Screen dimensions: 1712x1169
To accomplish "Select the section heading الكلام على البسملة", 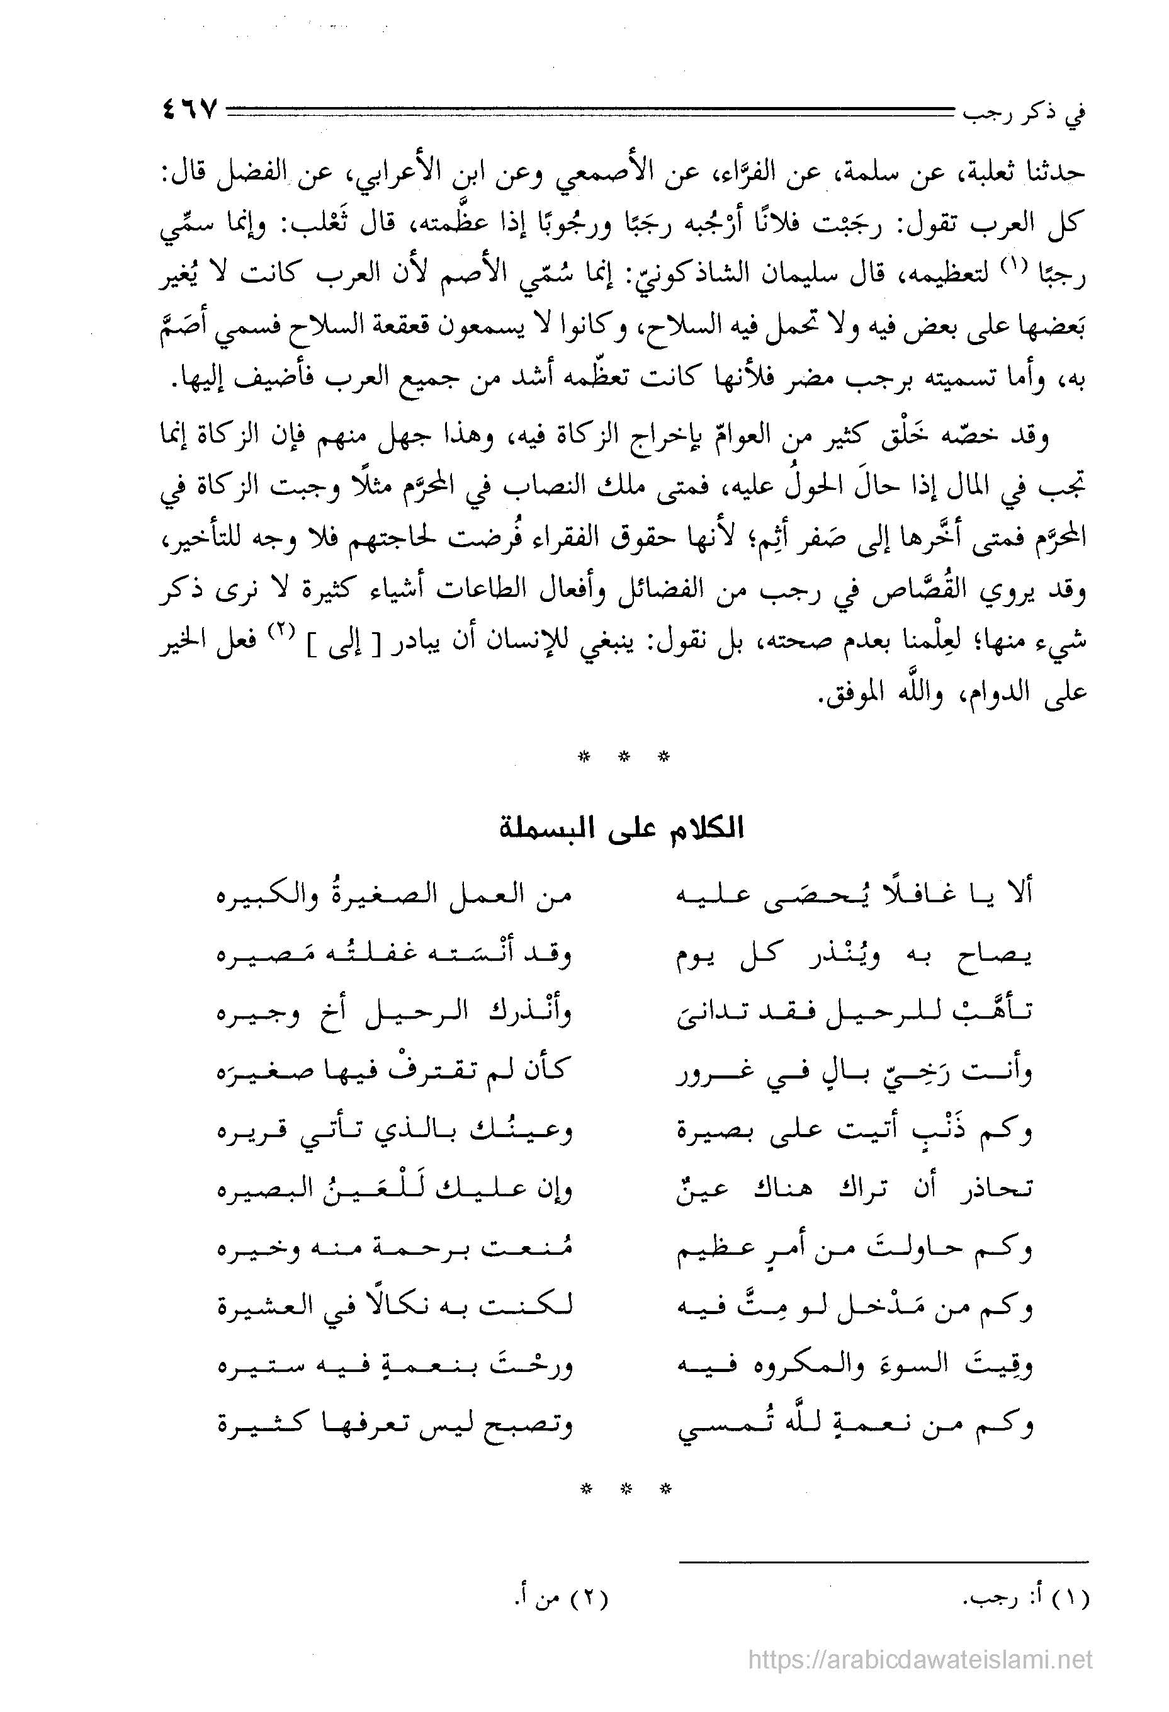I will point(623,829).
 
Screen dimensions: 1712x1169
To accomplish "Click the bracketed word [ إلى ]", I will point(342,641).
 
